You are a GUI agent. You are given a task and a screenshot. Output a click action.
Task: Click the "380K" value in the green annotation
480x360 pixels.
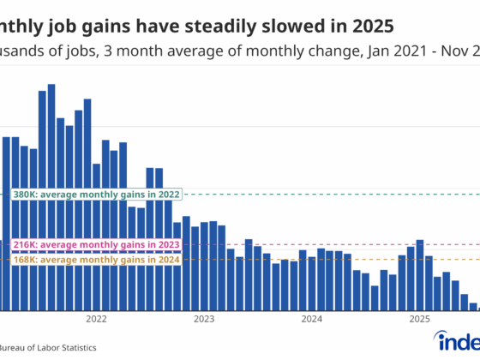26,195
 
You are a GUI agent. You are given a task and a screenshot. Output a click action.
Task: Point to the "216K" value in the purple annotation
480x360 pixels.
26,244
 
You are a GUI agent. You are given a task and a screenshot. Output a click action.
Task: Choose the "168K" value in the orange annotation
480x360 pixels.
26,259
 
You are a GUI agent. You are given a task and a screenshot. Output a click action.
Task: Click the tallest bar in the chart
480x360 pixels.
51,197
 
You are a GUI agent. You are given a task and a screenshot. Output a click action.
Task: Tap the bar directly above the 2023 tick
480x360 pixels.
204,266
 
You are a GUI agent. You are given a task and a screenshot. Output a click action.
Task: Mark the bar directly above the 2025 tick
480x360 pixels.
420,275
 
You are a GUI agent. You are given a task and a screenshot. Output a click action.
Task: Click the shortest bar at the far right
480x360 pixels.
473,306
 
